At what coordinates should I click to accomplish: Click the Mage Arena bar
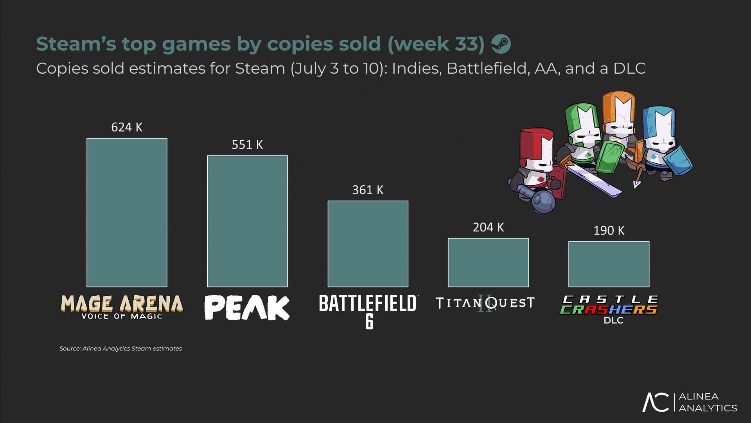click(x=127, y=212)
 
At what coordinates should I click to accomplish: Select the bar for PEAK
click(x=247, y=221)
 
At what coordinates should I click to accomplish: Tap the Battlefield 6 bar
click(x=368, y=244)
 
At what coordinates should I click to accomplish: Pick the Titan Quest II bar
click(x=488, y=262)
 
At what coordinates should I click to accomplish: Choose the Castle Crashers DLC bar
click(x=609, y=264)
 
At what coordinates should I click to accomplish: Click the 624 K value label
click(x=127, y=127)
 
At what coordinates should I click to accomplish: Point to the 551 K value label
click(x=247, y=145)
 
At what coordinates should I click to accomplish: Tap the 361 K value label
click(x=368, y=190)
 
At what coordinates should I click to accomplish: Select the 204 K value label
click(x=488, y=227)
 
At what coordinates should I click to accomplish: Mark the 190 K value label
click(x=609, y=230)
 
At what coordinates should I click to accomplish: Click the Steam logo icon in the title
click(x=501, y=43)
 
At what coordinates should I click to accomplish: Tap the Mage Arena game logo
click(x=122, y=307)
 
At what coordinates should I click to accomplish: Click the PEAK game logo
click(x=247, y=308)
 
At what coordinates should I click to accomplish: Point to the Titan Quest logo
click(x=485, y=303)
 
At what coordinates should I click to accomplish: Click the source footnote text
click(x=120, y=349)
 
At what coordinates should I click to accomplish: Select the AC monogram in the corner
click(x=656, y=402)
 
